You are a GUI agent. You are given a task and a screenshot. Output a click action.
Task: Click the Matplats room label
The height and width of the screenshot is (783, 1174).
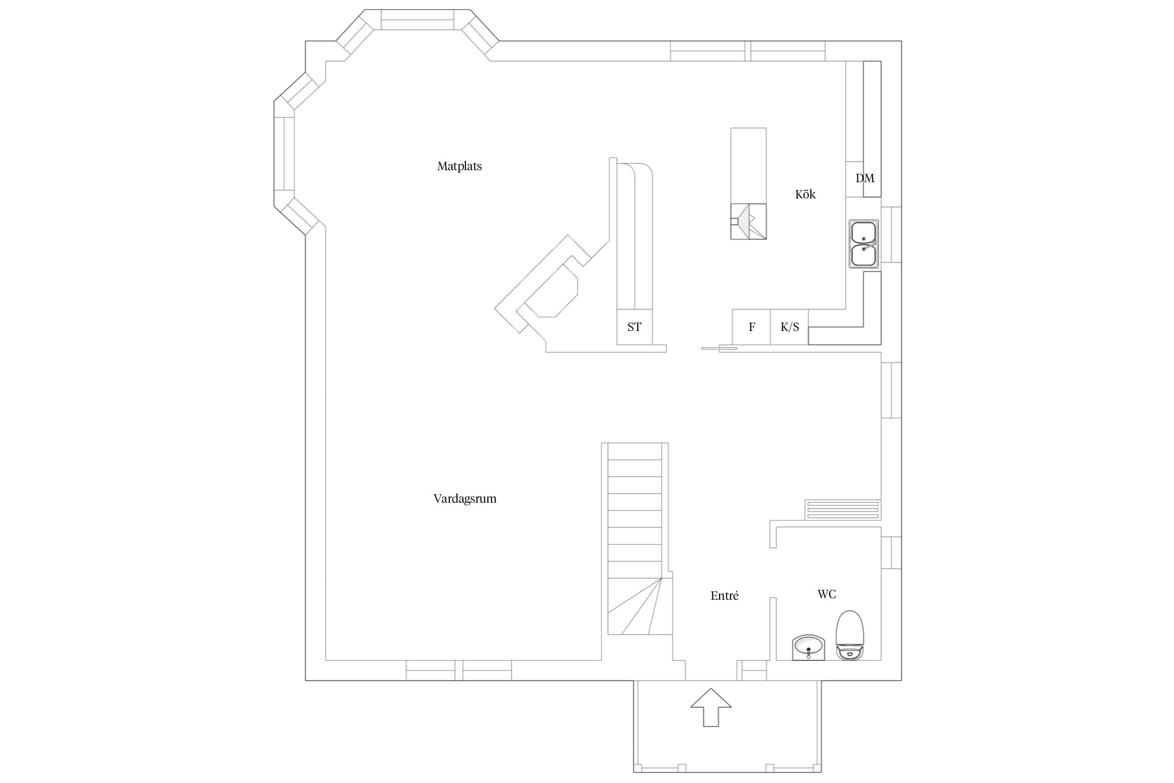click(459, 166)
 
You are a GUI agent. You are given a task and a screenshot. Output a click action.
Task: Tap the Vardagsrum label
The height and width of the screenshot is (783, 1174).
click(464, 499)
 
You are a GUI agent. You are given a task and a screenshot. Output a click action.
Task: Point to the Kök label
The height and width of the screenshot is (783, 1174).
click(805, 194)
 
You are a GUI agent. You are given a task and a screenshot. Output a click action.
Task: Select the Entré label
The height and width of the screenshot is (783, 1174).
click(724, 596)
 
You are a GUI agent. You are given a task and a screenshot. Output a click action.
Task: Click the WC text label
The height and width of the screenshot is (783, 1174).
click(826, 594)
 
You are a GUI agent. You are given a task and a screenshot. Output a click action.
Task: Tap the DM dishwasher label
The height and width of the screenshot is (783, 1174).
click(865, 179)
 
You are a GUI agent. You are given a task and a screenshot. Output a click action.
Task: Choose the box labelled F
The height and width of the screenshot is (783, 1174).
click(751, 327)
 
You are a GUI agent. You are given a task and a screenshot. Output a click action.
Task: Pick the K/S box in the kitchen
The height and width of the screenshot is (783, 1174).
click(789, 327)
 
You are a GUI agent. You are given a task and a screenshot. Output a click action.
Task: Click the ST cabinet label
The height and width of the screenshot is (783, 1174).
click(634, 327)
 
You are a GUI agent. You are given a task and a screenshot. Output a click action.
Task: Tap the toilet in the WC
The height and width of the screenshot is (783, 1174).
click(849, 635)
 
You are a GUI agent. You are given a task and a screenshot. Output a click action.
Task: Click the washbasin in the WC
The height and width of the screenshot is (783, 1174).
click(808, 648)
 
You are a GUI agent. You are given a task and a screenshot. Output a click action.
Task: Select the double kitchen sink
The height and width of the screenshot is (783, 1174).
click(864, 244)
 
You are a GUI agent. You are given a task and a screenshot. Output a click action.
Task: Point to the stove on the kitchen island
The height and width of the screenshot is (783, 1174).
click(748, 221)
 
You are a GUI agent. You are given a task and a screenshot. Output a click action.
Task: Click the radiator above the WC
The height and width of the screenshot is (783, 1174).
click(842, 509)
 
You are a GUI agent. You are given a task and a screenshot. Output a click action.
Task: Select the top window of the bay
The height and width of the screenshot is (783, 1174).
click(417, 19)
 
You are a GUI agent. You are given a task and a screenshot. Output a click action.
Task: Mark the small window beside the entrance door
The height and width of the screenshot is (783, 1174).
click(751, 670)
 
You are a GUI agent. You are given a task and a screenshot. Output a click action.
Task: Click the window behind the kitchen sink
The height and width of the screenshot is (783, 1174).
click(891, 234)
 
